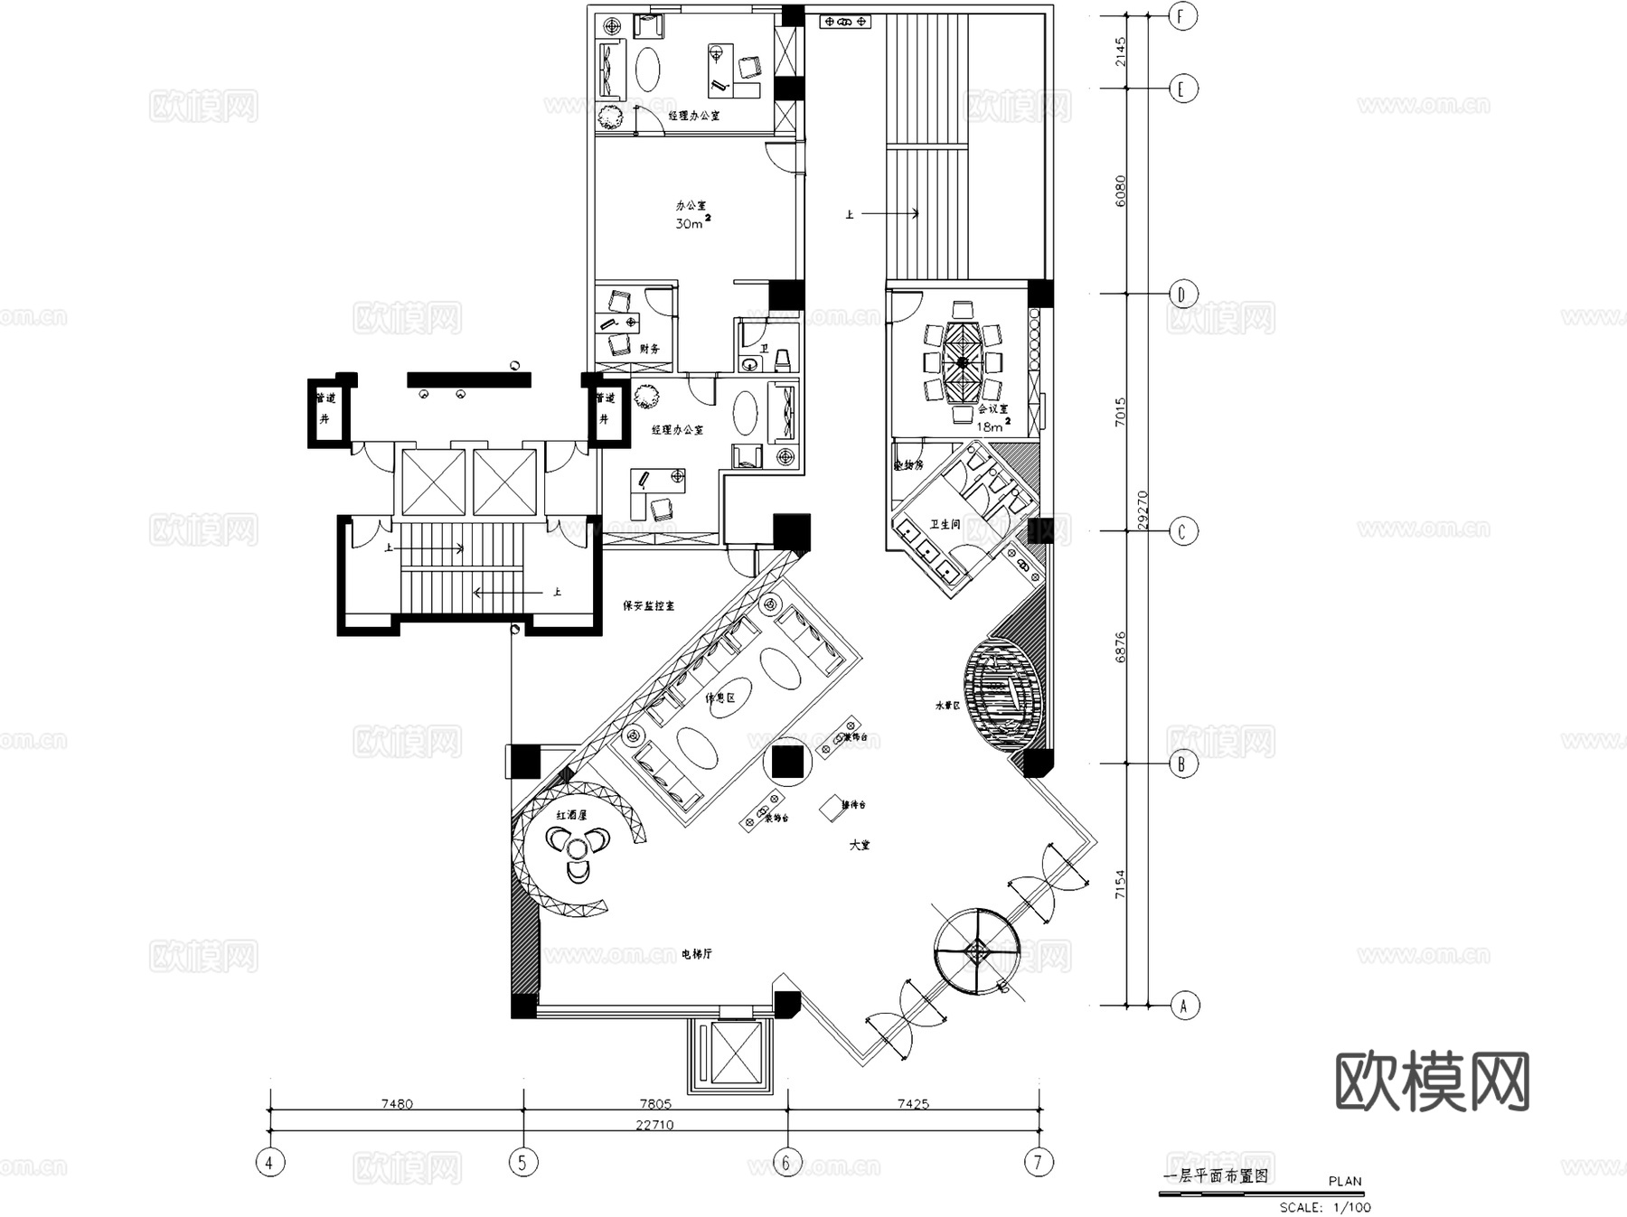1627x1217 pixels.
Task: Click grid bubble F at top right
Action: pos(1182,16)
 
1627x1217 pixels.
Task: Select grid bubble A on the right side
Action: pos(1183,1005)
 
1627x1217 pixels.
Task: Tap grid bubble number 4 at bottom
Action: pos(268,1162)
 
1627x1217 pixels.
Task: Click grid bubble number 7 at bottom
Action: pos(1039,1162)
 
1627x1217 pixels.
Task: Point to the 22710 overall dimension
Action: pos(654,1125)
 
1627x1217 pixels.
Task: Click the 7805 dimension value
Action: pos(655,1103)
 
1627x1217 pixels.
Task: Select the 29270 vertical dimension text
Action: pos(1143,510)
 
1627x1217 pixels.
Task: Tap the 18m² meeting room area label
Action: pos(992,426)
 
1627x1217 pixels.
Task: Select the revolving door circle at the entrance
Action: pos(978,950)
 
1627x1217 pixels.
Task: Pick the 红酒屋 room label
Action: pos(571,814)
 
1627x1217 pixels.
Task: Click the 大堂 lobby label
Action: pos(860,845)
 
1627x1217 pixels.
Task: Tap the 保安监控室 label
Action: pos(648,605)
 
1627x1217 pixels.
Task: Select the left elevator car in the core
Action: pos(432,482)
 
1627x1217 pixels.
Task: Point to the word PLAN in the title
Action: pos(1345,1181)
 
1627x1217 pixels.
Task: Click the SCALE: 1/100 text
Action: pos(1324,1206)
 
